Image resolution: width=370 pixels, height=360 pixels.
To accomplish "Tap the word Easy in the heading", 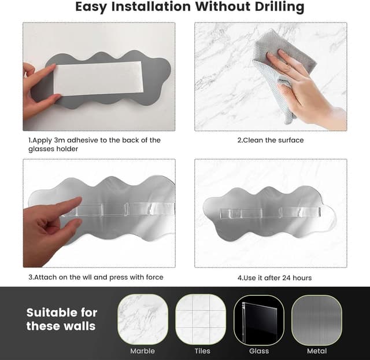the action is pyautogui.click(x=91, y=7).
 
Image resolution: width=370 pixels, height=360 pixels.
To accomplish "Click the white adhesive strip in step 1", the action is pyautogui.click(x=98, y=79).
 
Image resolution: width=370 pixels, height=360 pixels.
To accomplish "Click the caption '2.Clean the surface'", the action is pyautogui.click(x=271, y=140).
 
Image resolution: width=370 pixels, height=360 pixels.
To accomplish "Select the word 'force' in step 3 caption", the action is pyautogui.click(x=155, y=277).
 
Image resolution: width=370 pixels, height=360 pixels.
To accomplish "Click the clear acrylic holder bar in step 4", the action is pyautogui.click(x=270, y=212).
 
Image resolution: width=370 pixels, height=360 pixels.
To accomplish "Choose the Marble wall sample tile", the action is pyautogui.click(x=143, y=319).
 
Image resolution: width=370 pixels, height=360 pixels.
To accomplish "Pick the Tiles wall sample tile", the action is pyautogui.click(x=201, y=319).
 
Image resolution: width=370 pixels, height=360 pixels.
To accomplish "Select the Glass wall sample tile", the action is pyautogui.click(x=259, y=320).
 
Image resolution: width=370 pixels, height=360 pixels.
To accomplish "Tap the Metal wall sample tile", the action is pyautogui.click(x=317, y=320).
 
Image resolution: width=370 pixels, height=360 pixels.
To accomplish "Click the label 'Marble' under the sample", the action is pyautogui.click(x=143, y=351).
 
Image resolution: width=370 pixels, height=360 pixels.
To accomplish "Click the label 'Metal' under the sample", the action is pyautogui.click(x=317, y=351).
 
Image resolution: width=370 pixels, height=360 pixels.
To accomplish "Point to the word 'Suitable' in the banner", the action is pyautogui.click(x=52, y=313).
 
